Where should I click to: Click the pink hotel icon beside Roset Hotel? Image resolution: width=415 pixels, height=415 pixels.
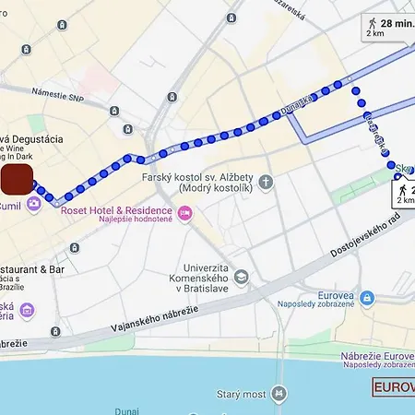pyautogui.click(x=185, y=214)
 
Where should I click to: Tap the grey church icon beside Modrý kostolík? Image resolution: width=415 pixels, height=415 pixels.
pyautogui.click(x=267, y=181)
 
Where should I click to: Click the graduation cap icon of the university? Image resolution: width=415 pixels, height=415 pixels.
pyautogui.click(x=242, y=276)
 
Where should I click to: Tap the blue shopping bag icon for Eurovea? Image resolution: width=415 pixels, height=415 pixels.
pyautogui.click(x=367, y=298)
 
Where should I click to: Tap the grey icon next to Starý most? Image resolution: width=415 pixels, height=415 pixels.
pyautogui.click(x=279, y=394)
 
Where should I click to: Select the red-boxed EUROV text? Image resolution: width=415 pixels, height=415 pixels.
pyautogui.click(x=394, y=387)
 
